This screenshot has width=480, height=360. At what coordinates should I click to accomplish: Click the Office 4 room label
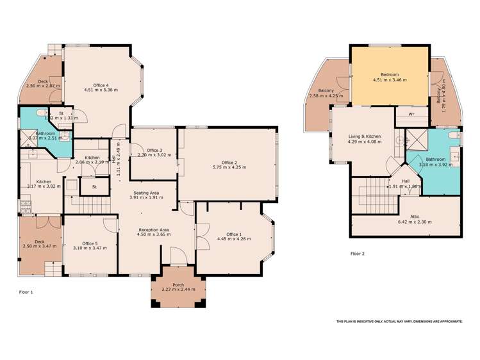(x=100, y=85)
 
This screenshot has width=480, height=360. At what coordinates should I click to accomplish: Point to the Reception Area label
(x=155, y=229)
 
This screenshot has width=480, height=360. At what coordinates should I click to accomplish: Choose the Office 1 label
(x=234, y=234)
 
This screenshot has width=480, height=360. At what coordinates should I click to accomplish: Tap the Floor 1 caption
(x=26, y=291)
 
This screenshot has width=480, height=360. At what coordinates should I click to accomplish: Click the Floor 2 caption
(x=358, y=254)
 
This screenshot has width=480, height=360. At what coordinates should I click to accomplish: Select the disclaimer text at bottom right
(x=399, y=321)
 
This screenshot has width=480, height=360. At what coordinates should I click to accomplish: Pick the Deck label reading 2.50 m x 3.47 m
(x=40, y=241)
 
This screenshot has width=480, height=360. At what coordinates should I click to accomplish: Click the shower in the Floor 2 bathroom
(x=415, y=137)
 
